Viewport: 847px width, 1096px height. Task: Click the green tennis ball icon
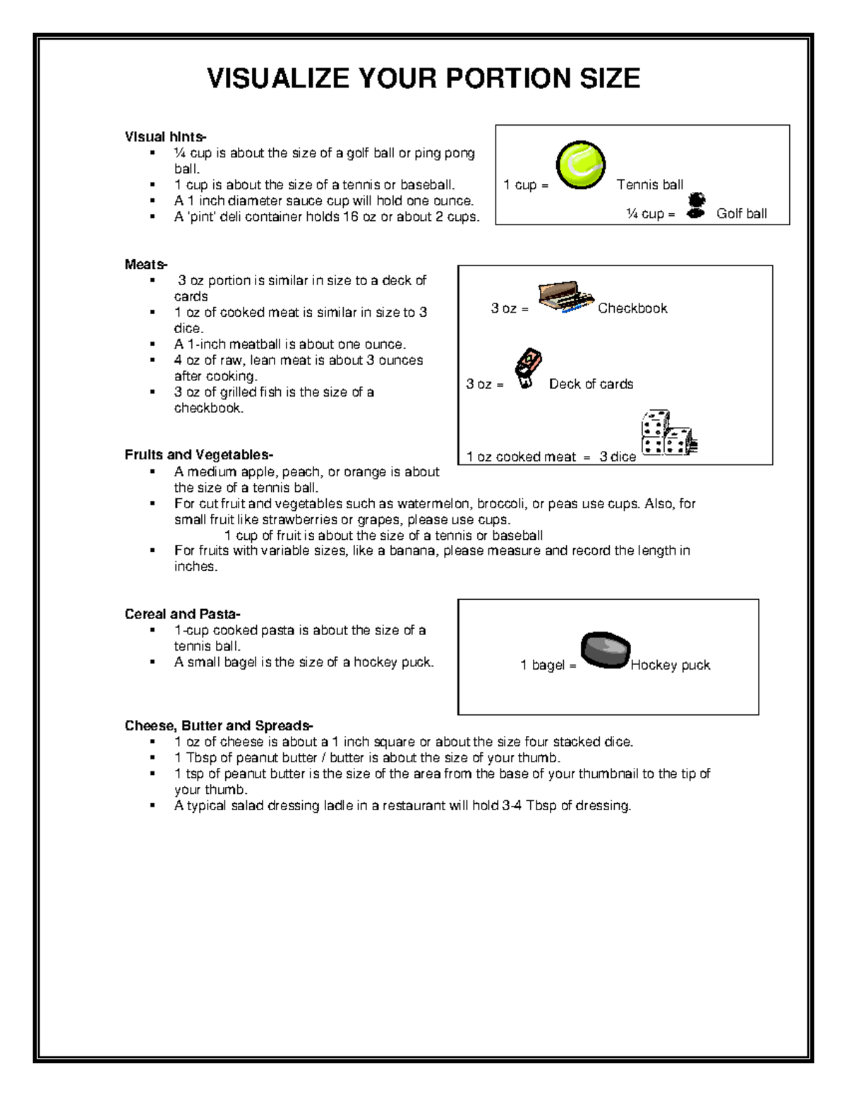pos(580,165)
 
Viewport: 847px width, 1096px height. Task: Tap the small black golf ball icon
pos(696,205)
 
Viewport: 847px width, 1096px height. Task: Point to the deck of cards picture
pos(527,368)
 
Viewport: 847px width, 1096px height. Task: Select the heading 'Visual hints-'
pos(165,137)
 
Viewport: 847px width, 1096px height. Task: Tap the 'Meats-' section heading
pos(146,264)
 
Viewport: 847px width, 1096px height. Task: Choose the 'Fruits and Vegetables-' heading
pos(199,454)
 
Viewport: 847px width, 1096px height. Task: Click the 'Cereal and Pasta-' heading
pos(182,614)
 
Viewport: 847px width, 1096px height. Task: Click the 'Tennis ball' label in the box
pos(649,185)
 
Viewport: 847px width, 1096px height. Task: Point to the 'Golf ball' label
pos(741,214)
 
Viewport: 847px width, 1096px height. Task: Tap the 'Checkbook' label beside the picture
pos(632,308)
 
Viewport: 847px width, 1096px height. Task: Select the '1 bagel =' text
pos(548,665)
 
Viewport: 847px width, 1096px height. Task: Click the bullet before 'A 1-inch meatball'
pos(152,344)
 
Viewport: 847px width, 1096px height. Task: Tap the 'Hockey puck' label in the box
pos(670,665)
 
